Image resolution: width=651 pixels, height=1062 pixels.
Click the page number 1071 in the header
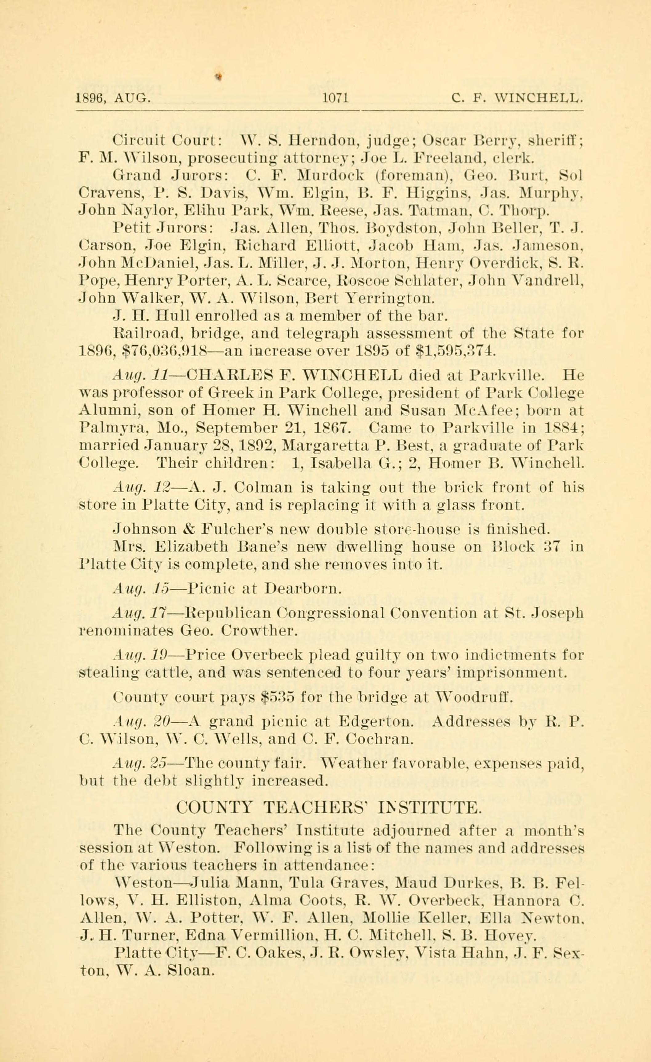pyautogui.click(x=336, y=99)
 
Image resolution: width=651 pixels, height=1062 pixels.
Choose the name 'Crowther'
pyautogui.click(x=257, y=631)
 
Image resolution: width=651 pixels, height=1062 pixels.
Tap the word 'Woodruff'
pyautogui.click(x=472, y=697)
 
